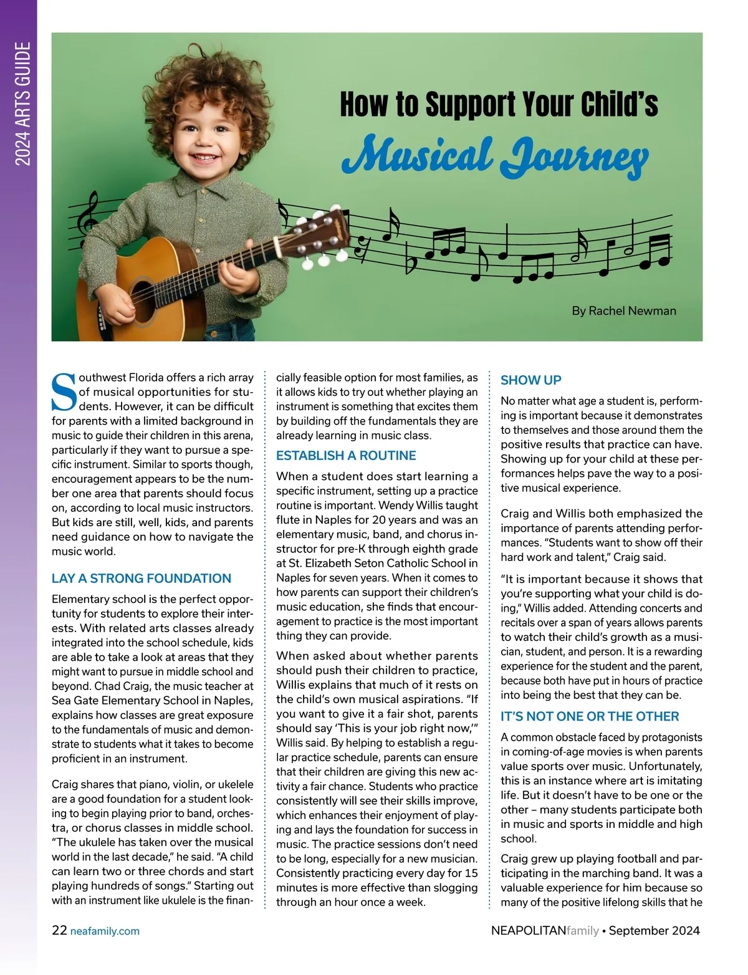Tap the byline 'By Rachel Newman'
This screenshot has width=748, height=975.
[x=623, y=310]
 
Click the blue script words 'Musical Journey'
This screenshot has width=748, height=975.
[x=495, y=153]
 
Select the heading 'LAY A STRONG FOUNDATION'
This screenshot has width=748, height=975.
[x=141, y=579]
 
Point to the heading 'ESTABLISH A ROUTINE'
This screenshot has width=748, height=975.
[x=346, y=456]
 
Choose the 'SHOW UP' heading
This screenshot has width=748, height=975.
[x=531, y=380]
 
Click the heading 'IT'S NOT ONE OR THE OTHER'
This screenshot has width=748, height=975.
[x=590, y=717]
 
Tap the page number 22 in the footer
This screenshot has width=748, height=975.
[x=59, y=931]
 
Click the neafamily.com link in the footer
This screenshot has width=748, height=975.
[x=105, y=931]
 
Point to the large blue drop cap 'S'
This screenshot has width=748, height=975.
[x=64, y=392]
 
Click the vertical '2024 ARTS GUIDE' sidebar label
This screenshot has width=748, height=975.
[x=23, y=104]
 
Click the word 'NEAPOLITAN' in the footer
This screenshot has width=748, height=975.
[x=529, y=931]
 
